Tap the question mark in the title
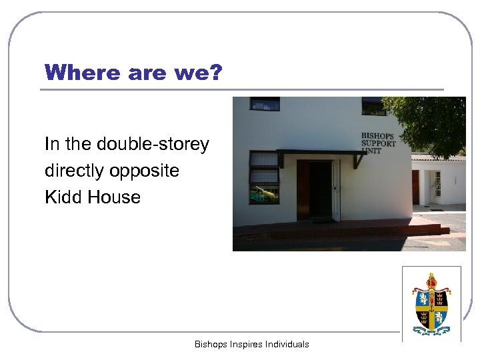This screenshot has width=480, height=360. point(214,73)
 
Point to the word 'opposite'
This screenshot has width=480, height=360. point(146,171)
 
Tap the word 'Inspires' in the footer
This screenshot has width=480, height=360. point(246,345)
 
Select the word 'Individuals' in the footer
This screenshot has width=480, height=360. point(287,345)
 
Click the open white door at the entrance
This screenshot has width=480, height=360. point(335,191)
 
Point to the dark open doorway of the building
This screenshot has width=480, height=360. point(320,190)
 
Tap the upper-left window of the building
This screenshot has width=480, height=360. point(264,103)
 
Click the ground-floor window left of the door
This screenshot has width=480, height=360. point(263,177)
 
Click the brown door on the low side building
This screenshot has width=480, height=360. point(415,187)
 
